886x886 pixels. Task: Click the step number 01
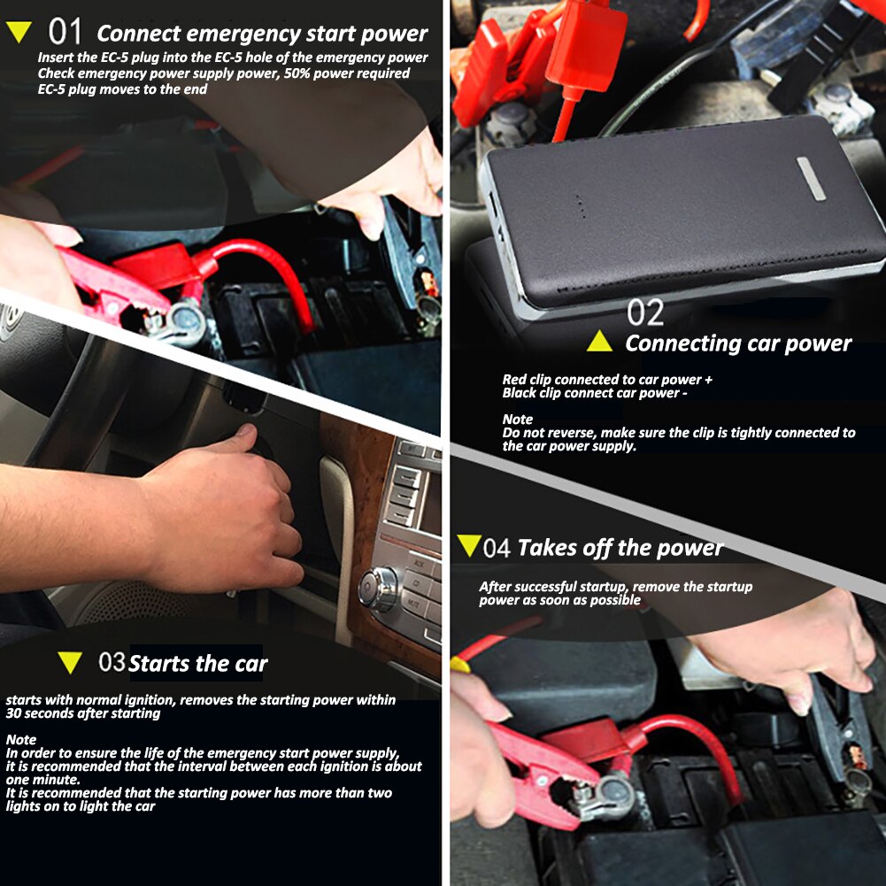65,33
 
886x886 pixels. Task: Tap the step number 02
645,312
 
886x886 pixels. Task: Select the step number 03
112,662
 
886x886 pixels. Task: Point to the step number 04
497,548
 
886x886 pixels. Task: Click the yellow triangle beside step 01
19,34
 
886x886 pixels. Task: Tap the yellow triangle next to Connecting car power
599,342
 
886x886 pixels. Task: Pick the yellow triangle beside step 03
69,662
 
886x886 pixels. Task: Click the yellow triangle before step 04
468,545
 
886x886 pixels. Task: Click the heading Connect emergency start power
262,35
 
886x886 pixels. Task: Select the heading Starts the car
197,663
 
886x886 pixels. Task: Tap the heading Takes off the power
620,548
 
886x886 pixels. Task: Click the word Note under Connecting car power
517,419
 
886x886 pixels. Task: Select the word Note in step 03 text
21,738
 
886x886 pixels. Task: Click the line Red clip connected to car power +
607,380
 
